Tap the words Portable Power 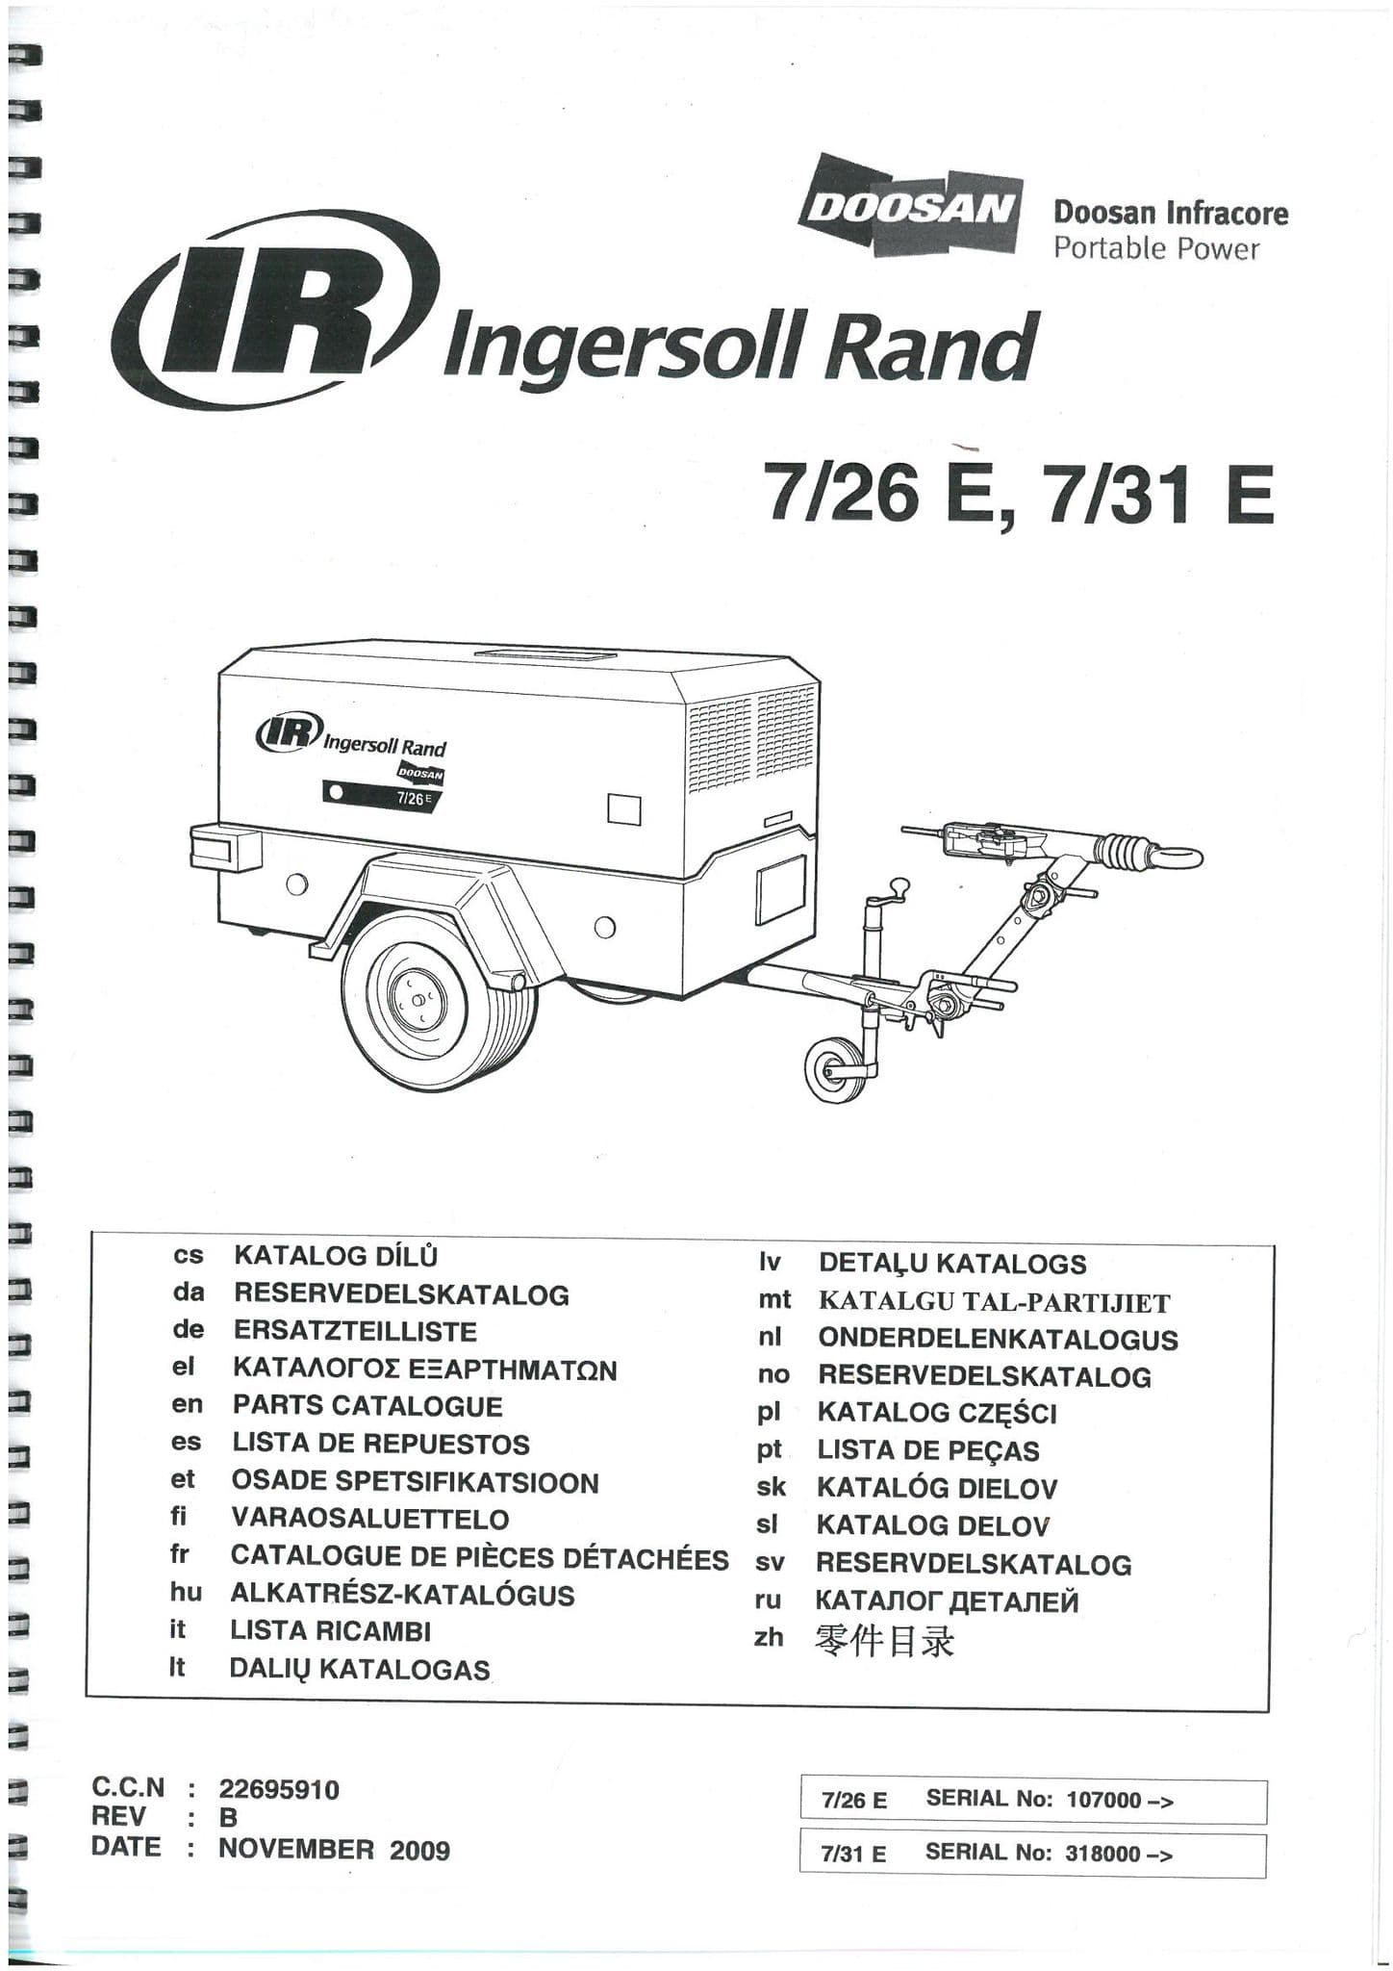(1155, 249)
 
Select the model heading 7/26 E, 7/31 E (1018, 495)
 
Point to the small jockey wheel (830, 1067)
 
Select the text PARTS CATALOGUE (367, 1405)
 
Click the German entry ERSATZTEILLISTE (355, 1331)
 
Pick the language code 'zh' (769, 1637)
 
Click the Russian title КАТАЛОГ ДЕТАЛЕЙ (947, 1601)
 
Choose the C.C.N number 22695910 (279, 1789)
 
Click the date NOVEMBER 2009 (334, 1849)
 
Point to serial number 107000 (1103, 1799)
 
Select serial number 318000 (1102, 1853)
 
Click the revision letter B (228, 1818)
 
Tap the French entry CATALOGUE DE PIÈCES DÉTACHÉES (479, 1557)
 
